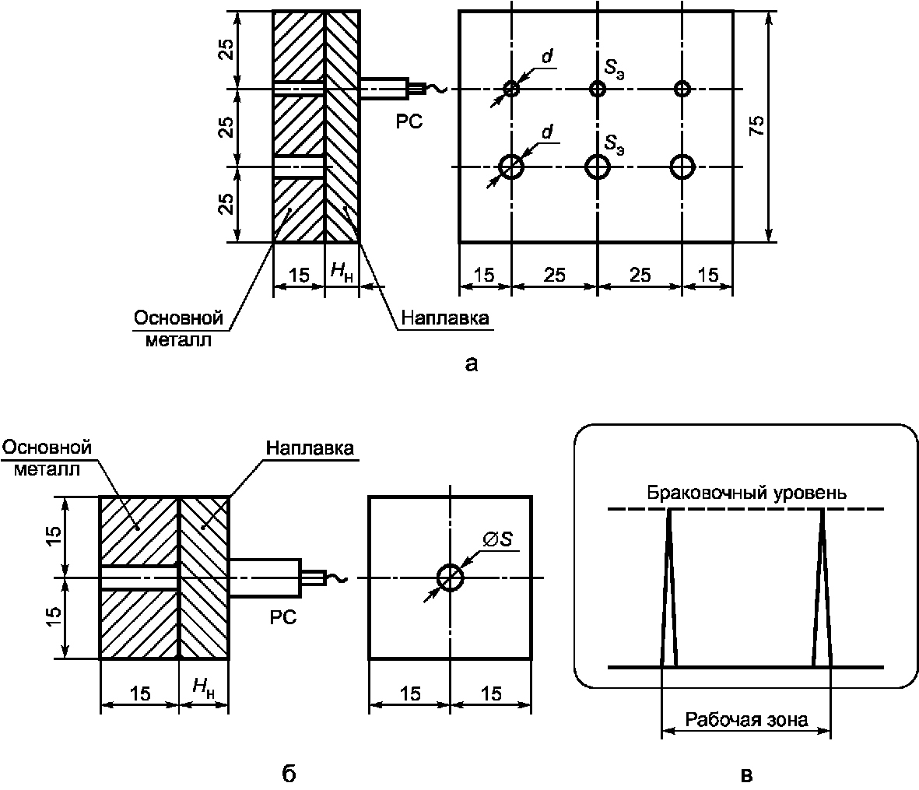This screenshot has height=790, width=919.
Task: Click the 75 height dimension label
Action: pyautogui.click(x=756, y=125)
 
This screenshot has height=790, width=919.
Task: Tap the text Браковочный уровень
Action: pyautogui.click(x=746, y=492)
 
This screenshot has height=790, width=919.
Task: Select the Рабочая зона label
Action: pyautogui.click(x=746, y=719)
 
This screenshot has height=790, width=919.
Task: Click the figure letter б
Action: pyautogui.click(x=289, y=774)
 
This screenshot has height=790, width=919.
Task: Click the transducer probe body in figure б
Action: pyautogui.click(x=265, y=578)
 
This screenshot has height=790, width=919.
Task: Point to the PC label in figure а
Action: pyautogui.click(x=409, y=122)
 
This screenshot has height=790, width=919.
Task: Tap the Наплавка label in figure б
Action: pyautogui.click(x=310, y=448)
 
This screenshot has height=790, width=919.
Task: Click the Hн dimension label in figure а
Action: pyautogui.click(x=342, y=272)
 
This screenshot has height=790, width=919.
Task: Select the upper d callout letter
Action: pyautogui.click(x=547, y=56)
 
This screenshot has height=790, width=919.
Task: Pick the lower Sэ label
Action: pyautogui.click(x=614, y=143)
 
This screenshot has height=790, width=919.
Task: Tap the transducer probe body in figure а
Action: pyautogui.click(x=384, y=89)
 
